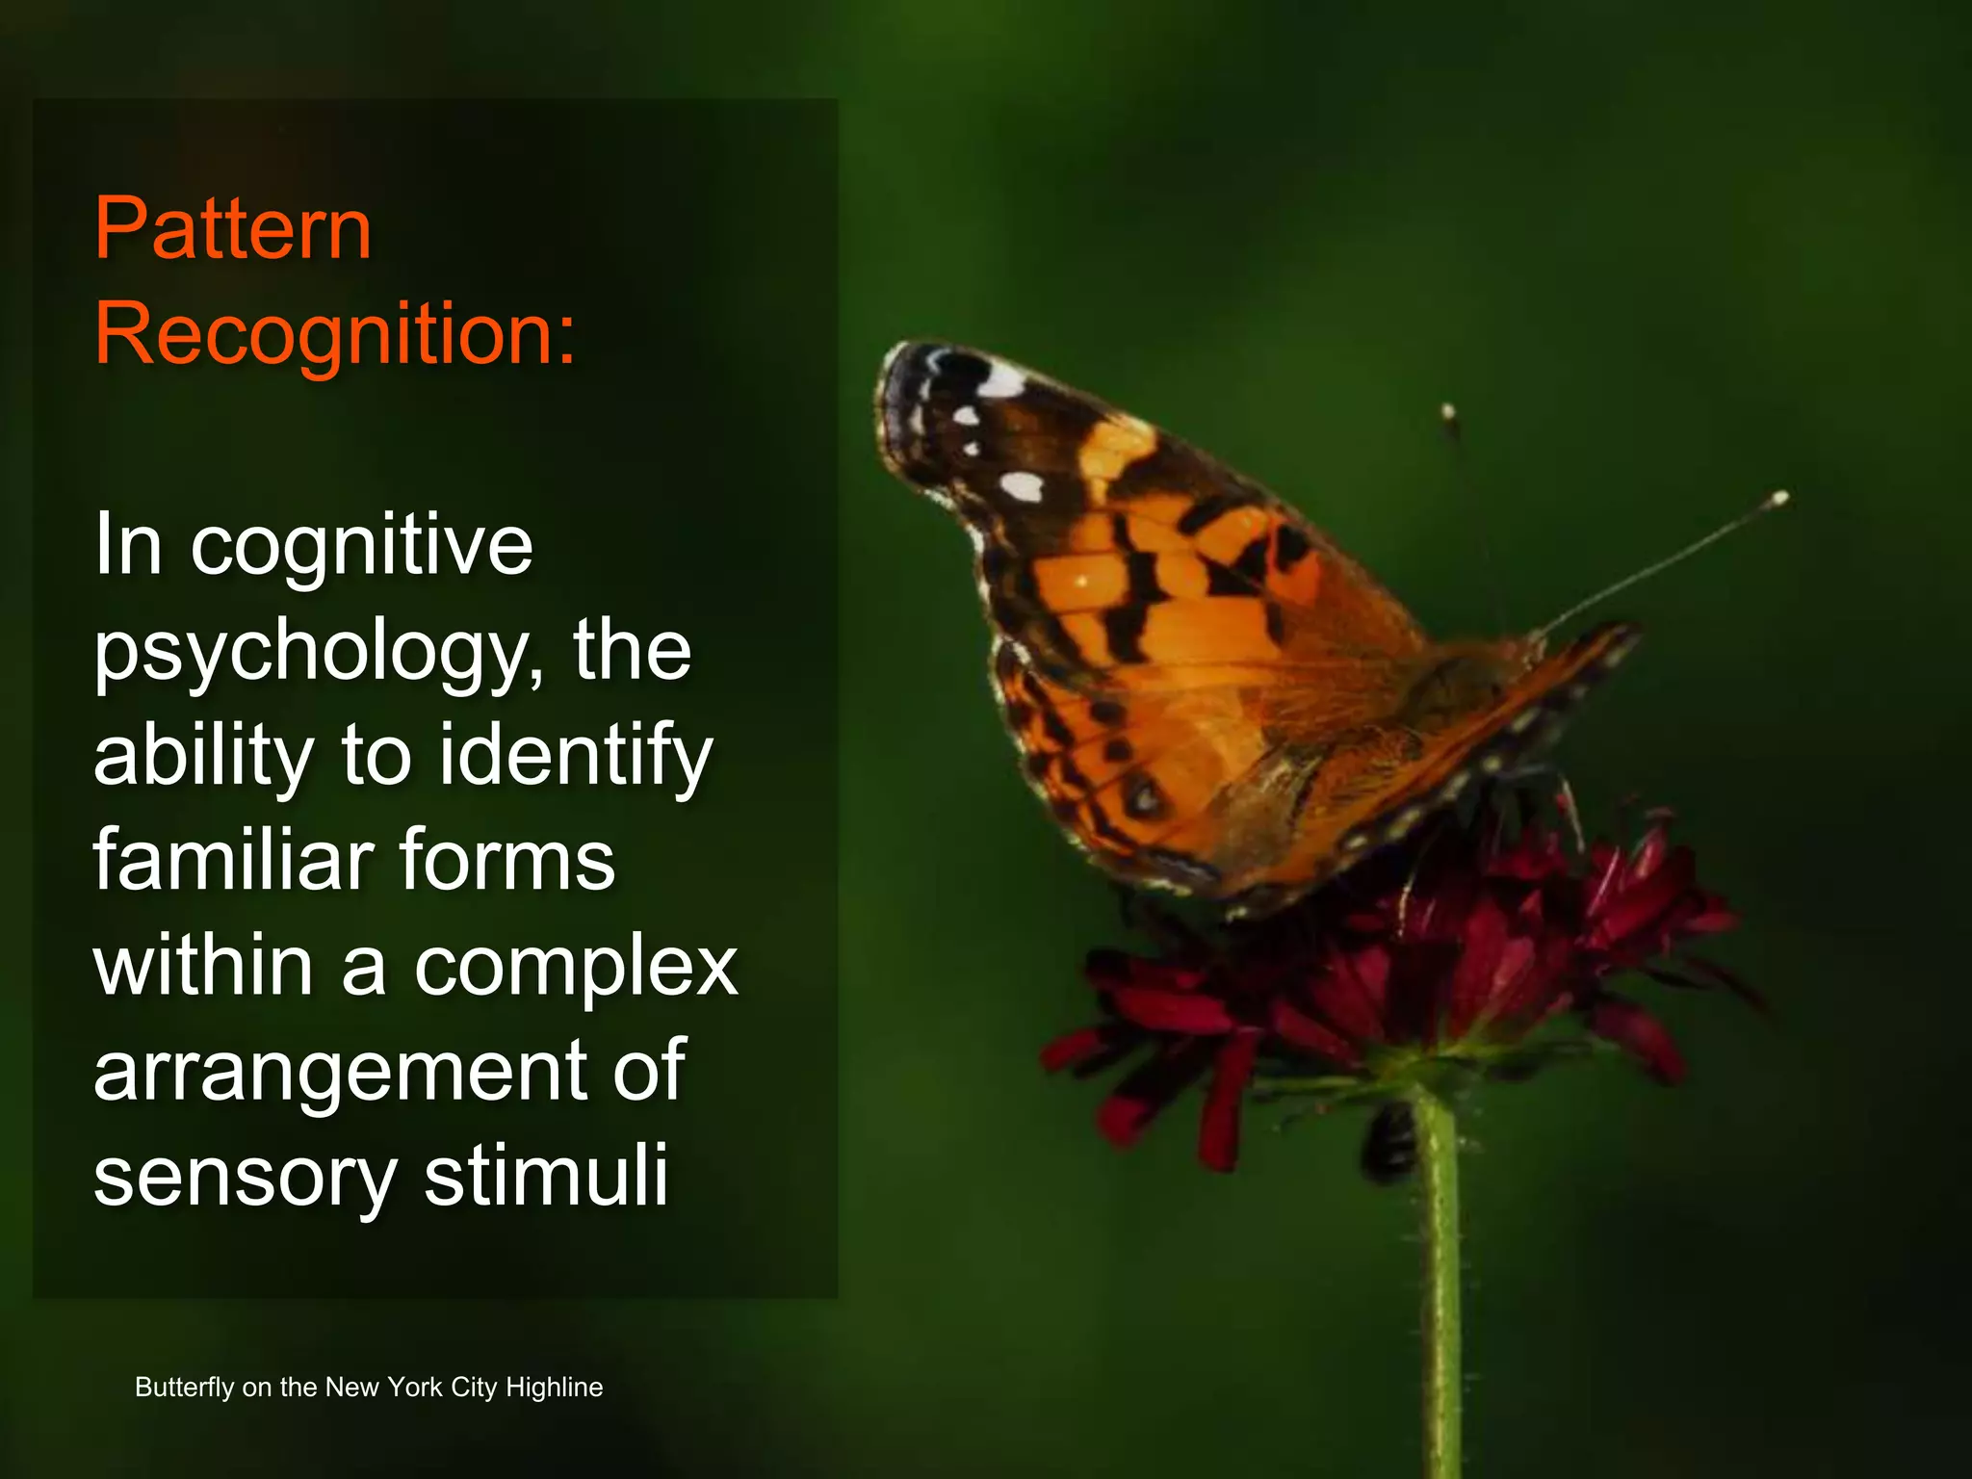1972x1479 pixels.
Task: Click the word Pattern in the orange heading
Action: click(x=233, y=229)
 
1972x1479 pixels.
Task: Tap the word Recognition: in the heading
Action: click(x=334, y=335)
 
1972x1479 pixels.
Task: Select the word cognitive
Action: click(x=361, y=547)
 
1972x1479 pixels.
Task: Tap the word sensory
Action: click(x=246, y=1177)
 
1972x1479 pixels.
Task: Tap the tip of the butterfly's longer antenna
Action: click(x=1779, y=498)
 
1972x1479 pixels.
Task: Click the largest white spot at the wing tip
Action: click(x=999, y=381)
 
